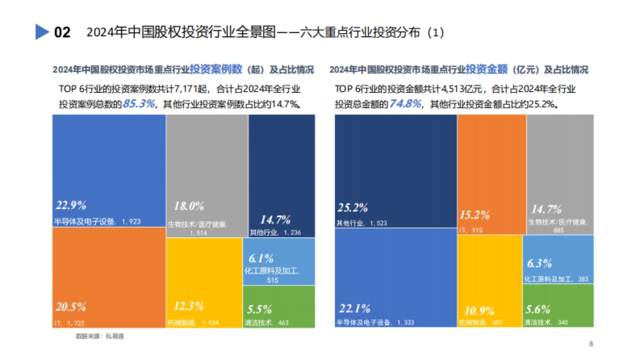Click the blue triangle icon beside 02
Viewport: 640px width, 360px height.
tap(42, 33)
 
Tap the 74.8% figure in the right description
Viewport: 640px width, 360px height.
tap(405, 104)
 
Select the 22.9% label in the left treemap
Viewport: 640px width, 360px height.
tap(71, 206)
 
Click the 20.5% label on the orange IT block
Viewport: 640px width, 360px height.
tap(71, 307)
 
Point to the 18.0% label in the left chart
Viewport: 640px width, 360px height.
tap(189, 206)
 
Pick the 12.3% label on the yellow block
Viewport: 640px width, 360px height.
tap(189, 307)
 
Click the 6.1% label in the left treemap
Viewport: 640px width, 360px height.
tap(261, 259)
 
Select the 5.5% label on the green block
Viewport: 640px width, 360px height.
tap(260, 309)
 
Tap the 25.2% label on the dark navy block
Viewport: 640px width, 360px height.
tap(354, 207)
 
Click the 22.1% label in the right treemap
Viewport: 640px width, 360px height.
tap(354, 308)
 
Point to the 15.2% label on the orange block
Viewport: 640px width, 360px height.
tap(475, 215)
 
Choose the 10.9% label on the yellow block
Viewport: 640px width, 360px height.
tap(476, 311)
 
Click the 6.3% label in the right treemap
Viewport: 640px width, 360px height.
tap(539, 263)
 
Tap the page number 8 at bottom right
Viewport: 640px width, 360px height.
tap(591, 344)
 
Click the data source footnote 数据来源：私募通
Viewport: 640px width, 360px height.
tap(100, 337)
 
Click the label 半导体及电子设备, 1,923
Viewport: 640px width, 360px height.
tap(97, 221)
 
